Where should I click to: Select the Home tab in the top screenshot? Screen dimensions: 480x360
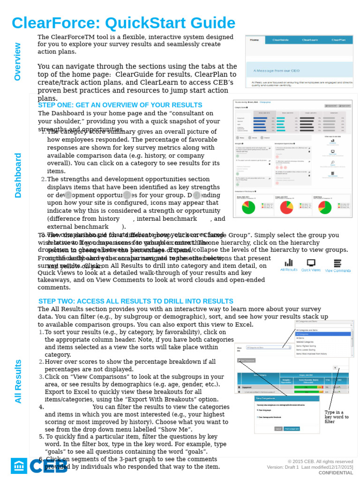pyautogui.click(x=255, y=40)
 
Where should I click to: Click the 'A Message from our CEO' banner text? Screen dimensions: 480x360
pyautogui.click(x=276, y=71)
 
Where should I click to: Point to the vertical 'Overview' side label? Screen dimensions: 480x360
pyautogui.click(x=17, y=61)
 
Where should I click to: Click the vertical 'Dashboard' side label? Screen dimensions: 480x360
pyautogui.click(x=18, y=175)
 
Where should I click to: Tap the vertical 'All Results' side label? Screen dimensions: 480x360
pyautogui.click(x=18, y=381)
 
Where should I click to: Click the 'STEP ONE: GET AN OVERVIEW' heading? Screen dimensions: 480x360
pyautogui.click(x=120, y=105)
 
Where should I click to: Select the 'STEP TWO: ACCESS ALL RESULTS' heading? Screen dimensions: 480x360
pyautogui.click(x=135, y=301)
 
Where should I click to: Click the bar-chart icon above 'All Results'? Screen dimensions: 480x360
pyautogui.click(x=289, y=262)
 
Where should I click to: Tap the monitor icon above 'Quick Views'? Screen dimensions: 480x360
pyautogui.click(x=311, y=262)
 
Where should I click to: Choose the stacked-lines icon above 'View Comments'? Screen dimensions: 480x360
pyautogui.click(x=337, y=263)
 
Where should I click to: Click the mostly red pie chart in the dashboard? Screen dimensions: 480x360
pyautogui.click(x=286, y=207)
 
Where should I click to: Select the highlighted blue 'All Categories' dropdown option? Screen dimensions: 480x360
pyautogui.click(x=323, y=334)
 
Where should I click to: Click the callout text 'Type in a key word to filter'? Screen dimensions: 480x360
pyautogui.click(x=337, y=417)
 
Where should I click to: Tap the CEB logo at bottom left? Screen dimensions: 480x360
pyautogui.click(x=39, y=466)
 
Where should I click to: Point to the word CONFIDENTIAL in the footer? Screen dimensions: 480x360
pyautogui.click(x=336, y=472)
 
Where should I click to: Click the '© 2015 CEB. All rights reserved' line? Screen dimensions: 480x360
pyautogui.click(x=320, y=461)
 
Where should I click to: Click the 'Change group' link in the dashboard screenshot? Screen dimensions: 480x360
pyautogui.click(x=265, y=102)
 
